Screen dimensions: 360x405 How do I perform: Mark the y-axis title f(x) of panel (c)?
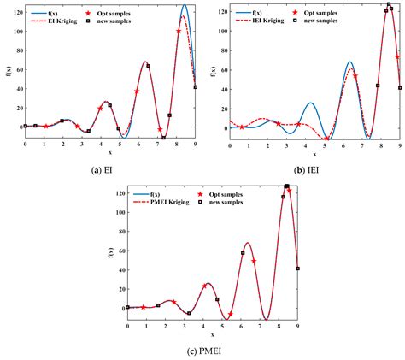click(107, 248)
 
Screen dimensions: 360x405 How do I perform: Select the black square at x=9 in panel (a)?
click(196, 86)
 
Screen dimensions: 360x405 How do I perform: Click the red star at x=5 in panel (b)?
click(326, 139)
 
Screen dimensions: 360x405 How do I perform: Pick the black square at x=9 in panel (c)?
click(298, 269)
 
